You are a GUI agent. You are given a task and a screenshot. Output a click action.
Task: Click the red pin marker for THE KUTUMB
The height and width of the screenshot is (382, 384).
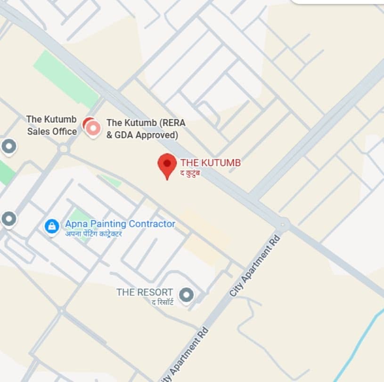(x=167, y=164)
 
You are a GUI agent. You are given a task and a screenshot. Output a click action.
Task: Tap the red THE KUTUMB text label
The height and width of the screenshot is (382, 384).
(x=211, y=163)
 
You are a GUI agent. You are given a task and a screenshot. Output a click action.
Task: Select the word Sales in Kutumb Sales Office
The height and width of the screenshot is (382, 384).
(x=39, y=131)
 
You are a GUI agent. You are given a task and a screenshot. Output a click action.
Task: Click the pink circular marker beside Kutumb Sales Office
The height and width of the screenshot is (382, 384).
(x=93, y=127)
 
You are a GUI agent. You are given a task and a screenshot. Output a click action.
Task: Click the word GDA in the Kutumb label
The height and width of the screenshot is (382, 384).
(x=123, y=135)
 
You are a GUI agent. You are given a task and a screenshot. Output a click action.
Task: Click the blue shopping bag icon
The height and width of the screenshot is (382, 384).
(x=51, y=226)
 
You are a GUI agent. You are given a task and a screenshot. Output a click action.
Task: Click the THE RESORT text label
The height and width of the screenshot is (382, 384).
(x=145, y=292)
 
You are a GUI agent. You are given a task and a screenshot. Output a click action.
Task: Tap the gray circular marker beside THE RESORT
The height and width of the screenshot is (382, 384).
(x=187, y=295)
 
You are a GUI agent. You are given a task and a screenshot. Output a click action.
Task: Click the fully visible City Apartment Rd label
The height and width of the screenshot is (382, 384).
(x=255, y=266)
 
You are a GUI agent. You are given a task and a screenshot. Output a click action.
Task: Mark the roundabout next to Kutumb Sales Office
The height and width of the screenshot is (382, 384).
(x=63, y=150)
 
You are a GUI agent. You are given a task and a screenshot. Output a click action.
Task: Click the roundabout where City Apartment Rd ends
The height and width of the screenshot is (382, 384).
(x=284, y=223)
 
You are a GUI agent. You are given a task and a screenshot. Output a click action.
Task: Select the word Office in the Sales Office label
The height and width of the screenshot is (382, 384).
(x=65, y=131)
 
